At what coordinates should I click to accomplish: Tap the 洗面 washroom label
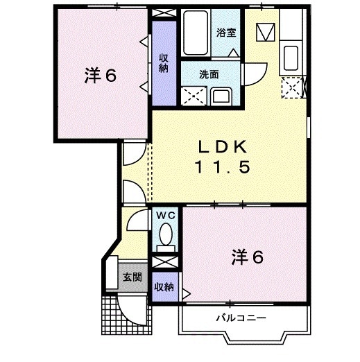tap(209, 74)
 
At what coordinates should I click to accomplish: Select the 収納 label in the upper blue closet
tap(164, 62)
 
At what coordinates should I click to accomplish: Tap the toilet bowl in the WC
tap(165, 239)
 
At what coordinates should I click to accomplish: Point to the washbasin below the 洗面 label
tap(221, 94)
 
